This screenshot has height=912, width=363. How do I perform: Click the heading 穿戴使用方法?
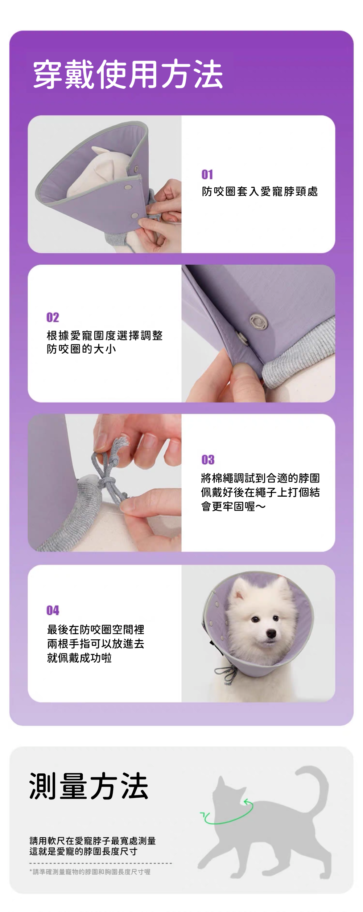click(x=128, y=75)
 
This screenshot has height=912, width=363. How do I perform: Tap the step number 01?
click(x=207, y=175)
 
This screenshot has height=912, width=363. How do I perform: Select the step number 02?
click(x=53, y=318)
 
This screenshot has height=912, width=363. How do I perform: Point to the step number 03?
click(x=208, y=460)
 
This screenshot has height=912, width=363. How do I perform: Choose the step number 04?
click(x=53, y=610)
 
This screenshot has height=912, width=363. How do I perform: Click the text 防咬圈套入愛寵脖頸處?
click(x=260, y=191)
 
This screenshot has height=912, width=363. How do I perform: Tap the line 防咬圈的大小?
click(x=82, y=349)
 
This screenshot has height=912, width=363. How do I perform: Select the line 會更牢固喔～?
click(x=234, y=506)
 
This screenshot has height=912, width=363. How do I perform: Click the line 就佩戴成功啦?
click(x=79, y=657)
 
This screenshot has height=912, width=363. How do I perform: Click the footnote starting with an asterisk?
click(x=90, y=872)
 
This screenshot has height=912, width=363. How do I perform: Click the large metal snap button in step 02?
click(x=259, y=321)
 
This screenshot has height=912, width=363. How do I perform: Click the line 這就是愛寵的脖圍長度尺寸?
click(x=83, y=851)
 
